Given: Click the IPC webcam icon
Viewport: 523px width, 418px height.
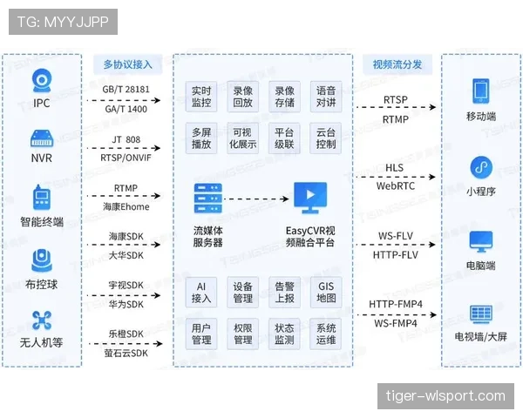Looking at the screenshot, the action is tap(42, 81).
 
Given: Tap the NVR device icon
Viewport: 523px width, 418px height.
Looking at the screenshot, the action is tap(42, 138).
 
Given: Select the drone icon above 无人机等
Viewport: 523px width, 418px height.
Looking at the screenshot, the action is tap(42, 320).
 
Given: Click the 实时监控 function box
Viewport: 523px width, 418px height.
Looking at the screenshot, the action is tap(201, 97).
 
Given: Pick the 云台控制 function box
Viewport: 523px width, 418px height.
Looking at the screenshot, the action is tap(325, 138).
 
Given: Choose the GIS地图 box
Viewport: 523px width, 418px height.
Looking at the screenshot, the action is tap(325, 292).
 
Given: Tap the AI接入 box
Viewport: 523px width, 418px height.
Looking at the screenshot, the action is tap(201, 292).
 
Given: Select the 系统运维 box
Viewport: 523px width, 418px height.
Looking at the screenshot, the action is tap(325, 334).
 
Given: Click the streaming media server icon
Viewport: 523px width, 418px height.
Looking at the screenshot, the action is tap(208, 198).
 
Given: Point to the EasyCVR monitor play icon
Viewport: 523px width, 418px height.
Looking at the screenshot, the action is tap(310, 198).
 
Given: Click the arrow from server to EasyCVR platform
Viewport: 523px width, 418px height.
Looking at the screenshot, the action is tap(256, 199).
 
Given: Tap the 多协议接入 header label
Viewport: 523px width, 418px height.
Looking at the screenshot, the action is tap(128, 64).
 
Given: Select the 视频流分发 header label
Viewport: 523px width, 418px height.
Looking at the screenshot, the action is tap(397, 64).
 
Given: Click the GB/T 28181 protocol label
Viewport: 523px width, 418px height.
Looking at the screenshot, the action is tap(126, 90).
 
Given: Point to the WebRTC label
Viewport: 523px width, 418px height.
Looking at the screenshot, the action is tap(396, 186).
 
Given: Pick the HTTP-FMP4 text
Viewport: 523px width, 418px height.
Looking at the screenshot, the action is tap(396, 304).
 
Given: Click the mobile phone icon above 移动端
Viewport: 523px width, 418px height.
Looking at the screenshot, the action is tap(481, 91).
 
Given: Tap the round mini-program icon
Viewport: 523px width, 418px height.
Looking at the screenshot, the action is tap(481, 167).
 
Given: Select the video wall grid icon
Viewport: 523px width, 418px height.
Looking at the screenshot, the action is tap(481, 314).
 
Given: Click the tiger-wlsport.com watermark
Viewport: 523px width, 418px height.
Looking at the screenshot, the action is tap(445, 396).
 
